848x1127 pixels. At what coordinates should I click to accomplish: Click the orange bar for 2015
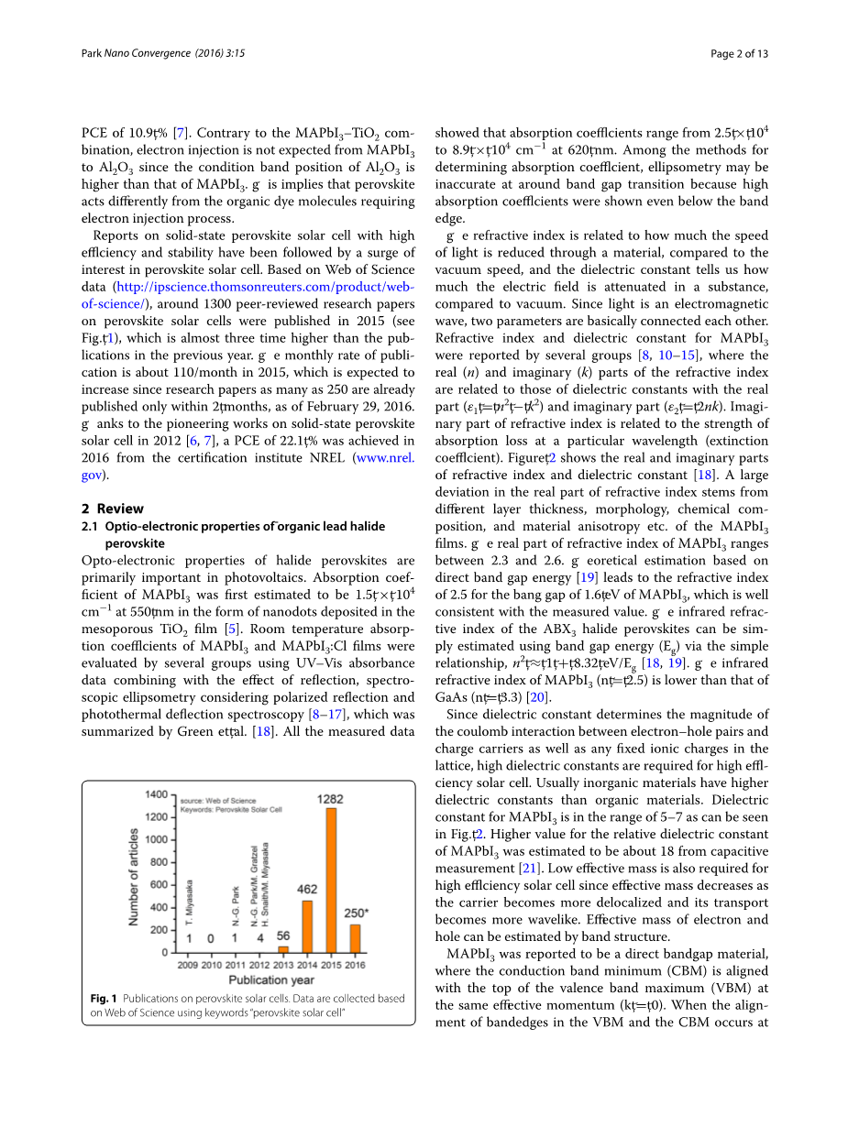point(331,880)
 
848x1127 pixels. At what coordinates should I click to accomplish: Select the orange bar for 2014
point(307,926)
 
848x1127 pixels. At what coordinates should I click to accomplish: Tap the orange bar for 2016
point(355,938)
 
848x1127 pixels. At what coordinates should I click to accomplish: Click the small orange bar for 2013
point(283,949)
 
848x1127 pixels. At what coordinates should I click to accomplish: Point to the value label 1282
point(330,799)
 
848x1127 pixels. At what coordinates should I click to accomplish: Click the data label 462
point(307,890)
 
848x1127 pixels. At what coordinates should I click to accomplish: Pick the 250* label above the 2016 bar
point(356,914)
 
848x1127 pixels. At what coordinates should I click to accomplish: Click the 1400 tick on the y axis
point(157,794)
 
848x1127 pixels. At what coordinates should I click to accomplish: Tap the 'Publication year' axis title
point(272,979)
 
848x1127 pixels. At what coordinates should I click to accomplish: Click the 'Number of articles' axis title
point(134,877)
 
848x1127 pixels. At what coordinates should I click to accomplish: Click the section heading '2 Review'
point(113,509)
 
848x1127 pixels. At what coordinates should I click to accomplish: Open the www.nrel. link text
point(383,458)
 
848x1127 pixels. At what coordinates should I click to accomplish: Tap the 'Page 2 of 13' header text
point(739,54)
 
